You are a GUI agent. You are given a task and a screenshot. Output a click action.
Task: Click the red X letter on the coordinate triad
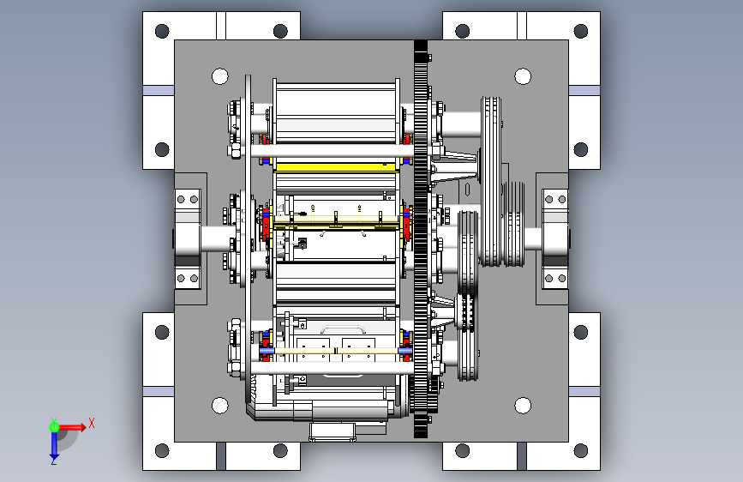pyautogui.click(x=92, y=423)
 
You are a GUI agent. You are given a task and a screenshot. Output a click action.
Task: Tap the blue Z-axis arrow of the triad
pyautogui.click(x=54, y=446)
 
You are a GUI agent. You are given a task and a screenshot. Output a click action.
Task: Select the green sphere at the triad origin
pyautogui.click(x=54, y=427)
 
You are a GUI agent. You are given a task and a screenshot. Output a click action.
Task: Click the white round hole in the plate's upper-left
pyautogui.click(x=220, y=76)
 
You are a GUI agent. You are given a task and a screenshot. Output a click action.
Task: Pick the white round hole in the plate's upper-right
pyautogui.click(x=523, y=76)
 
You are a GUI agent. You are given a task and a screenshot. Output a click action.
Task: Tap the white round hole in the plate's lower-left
pyautogui.click(x=220, y=406)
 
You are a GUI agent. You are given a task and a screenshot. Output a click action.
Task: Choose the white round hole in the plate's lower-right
pyautogui.click(x=523, y=406)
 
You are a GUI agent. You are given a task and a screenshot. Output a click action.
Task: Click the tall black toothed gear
pyautogui.click(x=420, y=239)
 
